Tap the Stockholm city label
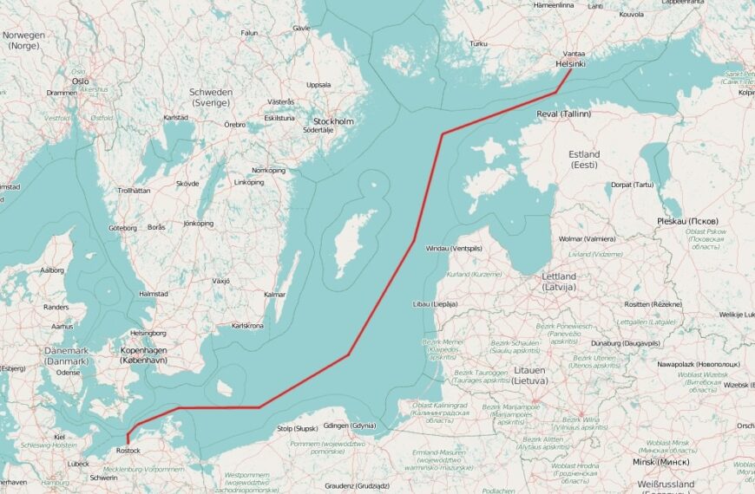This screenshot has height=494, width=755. click(x=333, y=121)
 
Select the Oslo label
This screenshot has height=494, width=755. click(x=81, y=81)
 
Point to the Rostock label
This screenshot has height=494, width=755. click(x=127, y=451)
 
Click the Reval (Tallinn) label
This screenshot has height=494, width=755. click(x=564, y=114)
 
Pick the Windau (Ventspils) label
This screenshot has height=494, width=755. click(x=453, y=249)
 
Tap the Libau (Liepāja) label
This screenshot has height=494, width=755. click(x=436, y=304)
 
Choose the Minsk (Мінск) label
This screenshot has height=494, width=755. click(x=661, y=462)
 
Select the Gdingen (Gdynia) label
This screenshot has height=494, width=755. click(x=349, y=426)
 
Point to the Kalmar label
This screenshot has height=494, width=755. click(x=274, y=295)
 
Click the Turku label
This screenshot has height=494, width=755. click(x=477, y=43)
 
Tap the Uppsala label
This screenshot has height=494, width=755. click(x=318, y=85)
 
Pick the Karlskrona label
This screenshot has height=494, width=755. click(x=247, y=326)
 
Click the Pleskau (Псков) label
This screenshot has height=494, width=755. click(x=688, y=221)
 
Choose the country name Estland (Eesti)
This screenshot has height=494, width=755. click(x=583, y=159)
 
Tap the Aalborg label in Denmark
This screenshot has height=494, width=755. click(x=51, y=270)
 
